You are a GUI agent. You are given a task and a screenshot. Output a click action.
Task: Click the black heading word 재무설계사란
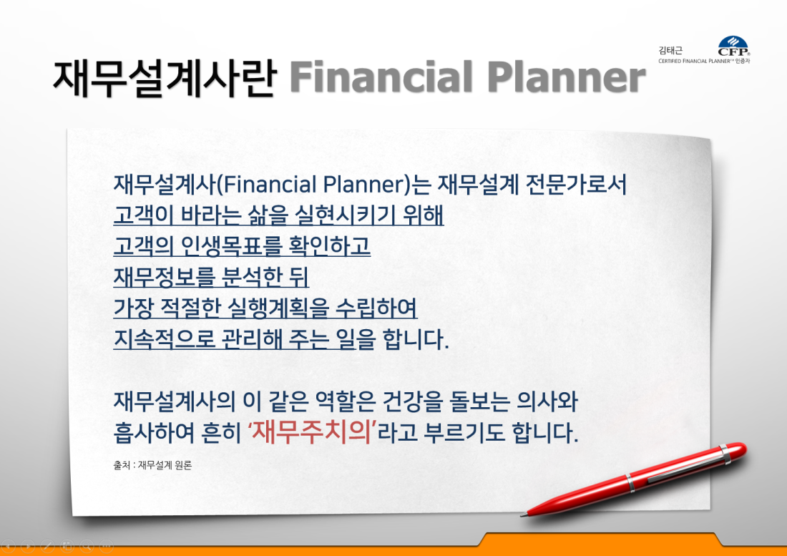(165, 78)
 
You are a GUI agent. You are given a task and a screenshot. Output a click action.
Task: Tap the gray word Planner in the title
(566, 77)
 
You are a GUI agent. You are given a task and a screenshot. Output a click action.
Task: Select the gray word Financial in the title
(381, 77)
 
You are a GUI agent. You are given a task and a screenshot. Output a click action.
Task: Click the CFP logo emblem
(733, 46)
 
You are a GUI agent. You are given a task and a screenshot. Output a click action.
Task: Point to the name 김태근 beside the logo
(670, 50)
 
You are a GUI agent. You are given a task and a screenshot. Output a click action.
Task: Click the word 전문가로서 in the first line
(576, 184)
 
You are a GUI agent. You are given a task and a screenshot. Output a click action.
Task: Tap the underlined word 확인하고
(330, 246)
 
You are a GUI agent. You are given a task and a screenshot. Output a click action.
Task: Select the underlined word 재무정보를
(164, 277)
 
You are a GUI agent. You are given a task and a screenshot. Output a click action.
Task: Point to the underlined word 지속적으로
(164, 339)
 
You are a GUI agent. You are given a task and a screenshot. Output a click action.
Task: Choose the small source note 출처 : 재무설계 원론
(152, 465)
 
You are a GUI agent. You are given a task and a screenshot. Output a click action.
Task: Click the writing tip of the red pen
(522, 514)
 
